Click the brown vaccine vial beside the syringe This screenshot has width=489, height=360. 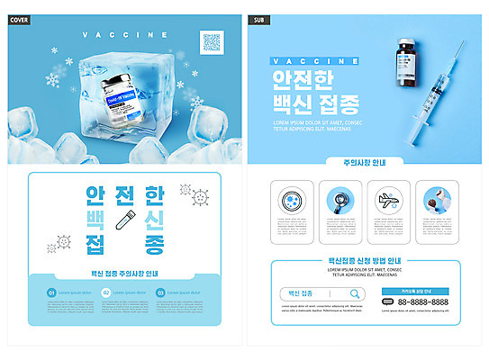(404, 65)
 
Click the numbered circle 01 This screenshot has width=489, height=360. (51, 292)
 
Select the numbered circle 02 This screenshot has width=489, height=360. (106, 292)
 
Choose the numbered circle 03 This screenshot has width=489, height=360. (160, 292)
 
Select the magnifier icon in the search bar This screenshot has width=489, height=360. (355, 293)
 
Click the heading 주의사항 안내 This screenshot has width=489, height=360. (366, 164)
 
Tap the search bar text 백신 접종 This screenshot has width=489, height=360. (301, 293)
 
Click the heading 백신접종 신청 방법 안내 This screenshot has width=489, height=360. (366, 261)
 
